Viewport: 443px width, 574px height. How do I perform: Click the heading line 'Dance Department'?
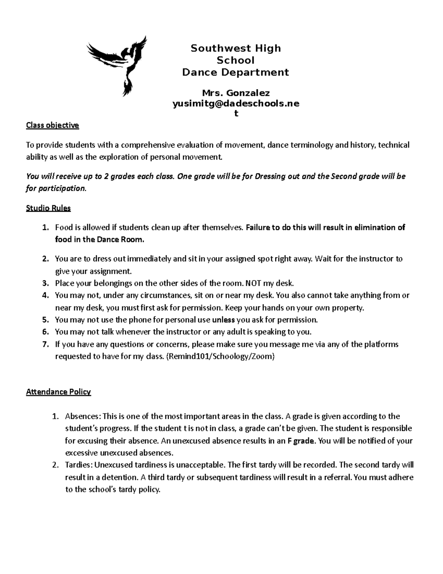[236, 72]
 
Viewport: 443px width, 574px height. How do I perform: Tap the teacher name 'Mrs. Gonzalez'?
[236, 93]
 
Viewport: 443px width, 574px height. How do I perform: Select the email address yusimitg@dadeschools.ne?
[236, 104]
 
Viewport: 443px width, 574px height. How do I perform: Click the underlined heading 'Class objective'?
[52, 125]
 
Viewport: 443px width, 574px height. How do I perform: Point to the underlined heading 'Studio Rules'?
[48, 208]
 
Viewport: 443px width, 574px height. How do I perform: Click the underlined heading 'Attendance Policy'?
[58, 392]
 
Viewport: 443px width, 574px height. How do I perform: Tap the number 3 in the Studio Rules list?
[45, 283]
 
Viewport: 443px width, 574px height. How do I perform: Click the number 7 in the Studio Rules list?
[45, 344]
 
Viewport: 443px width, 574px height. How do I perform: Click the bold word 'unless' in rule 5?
[224, 320]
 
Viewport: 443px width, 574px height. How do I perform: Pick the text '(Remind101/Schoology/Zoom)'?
[220, 357]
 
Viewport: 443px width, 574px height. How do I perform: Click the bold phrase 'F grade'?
[301, 441]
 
